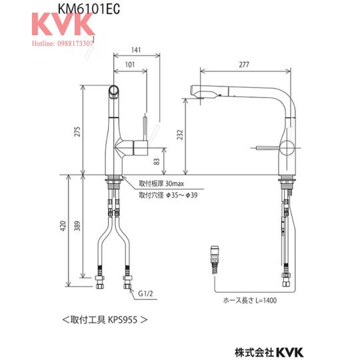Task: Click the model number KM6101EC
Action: (x=89, y=9)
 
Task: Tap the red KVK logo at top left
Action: (x=63, y=24)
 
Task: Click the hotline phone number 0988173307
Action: (x=75, y=43)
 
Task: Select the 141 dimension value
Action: (x=136, y=50)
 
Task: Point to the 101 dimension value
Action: (x=130, y=65)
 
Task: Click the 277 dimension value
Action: (x=244, y=65)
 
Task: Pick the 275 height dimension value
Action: (x=77, y=131)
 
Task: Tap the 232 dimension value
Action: (x=180, y=135)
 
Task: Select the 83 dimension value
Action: (x=157, y=161)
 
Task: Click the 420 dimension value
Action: (x=63, y=226)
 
